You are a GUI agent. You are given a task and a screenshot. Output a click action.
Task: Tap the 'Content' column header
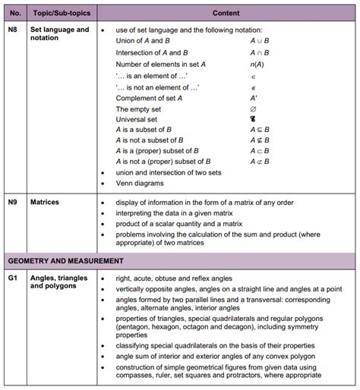click(x=226, y=13)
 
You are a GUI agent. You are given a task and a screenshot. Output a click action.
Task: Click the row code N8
click(x=13, y=30)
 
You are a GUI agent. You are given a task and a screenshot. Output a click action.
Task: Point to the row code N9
click(x=13, y=203)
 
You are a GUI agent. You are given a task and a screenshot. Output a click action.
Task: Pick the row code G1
click(x=13, y=278)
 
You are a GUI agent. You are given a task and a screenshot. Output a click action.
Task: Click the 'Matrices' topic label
click(x=45, y=203)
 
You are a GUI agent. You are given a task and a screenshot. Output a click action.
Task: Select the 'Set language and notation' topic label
click(x=59, y=34)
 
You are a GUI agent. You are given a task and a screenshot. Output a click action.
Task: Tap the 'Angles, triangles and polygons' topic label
click(x=58, y=283)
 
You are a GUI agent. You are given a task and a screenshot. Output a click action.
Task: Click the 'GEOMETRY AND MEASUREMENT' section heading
click(x=65, y=261)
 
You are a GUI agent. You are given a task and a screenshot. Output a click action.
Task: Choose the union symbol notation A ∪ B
click(x=260, y=40)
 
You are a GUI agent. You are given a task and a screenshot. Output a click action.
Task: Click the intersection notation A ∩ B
click(x=260, y=52)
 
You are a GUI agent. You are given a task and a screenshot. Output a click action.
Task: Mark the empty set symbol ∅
click(x=253, y=109)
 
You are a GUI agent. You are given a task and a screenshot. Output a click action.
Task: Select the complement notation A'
click(x=253, y=97)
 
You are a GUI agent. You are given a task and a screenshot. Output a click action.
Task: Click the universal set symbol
click(x=253, y=119)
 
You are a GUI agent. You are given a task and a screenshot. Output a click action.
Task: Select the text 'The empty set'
click(x=139, y=109)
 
